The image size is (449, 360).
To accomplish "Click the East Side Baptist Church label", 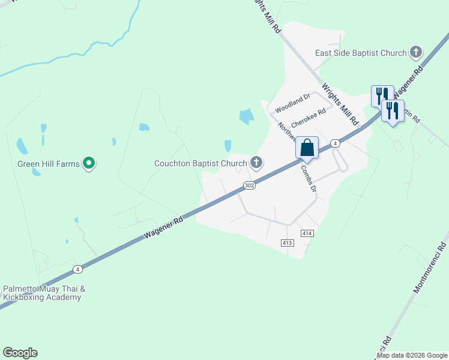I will (361, 53).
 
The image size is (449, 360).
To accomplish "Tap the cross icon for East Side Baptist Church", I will (415, 53).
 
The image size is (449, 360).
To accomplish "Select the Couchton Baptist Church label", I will (200, 163).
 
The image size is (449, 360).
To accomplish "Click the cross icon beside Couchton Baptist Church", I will (256, 162).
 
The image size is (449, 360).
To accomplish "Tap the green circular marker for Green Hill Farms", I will (89, 163).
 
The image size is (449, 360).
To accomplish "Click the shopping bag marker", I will (307, 148).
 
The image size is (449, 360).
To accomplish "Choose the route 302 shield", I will (250, 186).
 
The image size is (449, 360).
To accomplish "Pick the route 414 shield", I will (307, 233).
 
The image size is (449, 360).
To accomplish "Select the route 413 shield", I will (287, 242).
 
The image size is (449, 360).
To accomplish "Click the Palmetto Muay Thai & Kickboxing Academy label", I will (44, 293).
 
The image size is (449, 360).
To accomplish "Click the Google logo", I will (20, 353).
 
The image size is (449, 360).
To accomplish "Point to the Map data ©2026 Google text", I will (412, 355).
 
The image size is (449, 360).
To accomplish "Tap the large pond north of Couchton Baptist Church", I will (246, 116).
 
